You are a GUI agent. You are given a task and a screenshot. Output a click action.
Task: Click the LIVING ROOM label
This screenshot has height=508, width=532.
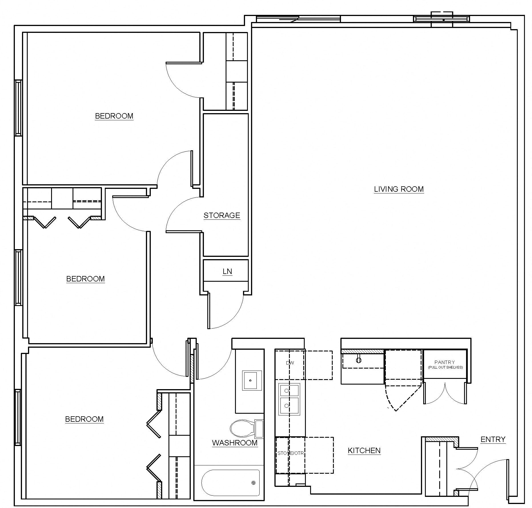399,189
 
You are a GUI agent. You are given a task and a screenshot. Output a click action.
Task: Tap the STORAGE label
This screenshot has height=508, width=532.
222,215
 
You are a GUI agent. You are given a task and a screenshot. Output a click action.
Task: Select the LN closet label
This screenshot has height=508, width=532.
227,271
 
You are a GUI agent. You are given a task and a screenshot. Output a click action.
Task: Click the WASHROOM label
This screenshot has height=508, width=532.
235,443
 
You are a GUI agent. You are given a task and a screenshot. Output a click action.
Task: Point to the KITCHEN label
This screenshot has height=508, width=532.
364,450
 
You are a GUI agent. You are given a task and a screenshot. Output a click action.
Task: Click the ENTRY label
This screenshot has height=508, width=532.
493,439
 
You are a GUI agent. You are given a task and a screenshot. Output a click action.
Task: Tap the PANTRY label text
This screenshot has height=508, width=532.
445,362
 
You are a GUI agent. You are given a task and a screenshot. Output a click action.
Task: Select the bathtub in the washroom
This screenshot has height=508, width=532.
230,483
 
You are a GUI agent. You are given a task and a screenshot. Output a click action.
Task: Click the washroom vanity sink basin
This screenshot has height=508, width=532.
252,380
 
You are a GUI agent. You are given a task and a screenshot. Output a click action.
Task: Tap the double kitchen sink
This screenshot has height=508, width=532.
289,399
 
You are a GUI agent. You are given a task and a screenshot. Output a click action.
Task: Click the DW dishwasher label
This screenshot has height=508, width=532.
290,363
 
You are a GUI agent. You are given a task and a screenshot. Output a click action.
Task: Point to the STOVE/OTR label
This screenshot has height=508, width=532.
290,453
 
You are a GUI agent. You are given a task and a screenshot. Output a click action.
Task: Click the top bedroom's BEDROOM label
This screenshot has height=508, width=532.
114,116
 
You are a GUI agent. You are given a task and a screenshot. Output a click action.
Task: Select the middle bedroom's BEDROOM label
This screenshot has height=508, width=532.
85,279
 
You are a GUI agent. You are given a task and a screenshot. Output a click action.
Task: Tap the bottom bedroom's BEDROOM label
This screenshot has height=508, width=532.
84,419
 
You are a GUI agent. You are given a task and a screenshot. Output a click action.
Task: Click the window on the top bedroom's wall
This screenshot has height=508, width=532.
18,108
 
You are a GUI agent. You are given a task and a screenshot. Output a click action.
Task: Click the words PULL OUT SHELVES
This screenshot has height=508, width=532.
445,367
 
